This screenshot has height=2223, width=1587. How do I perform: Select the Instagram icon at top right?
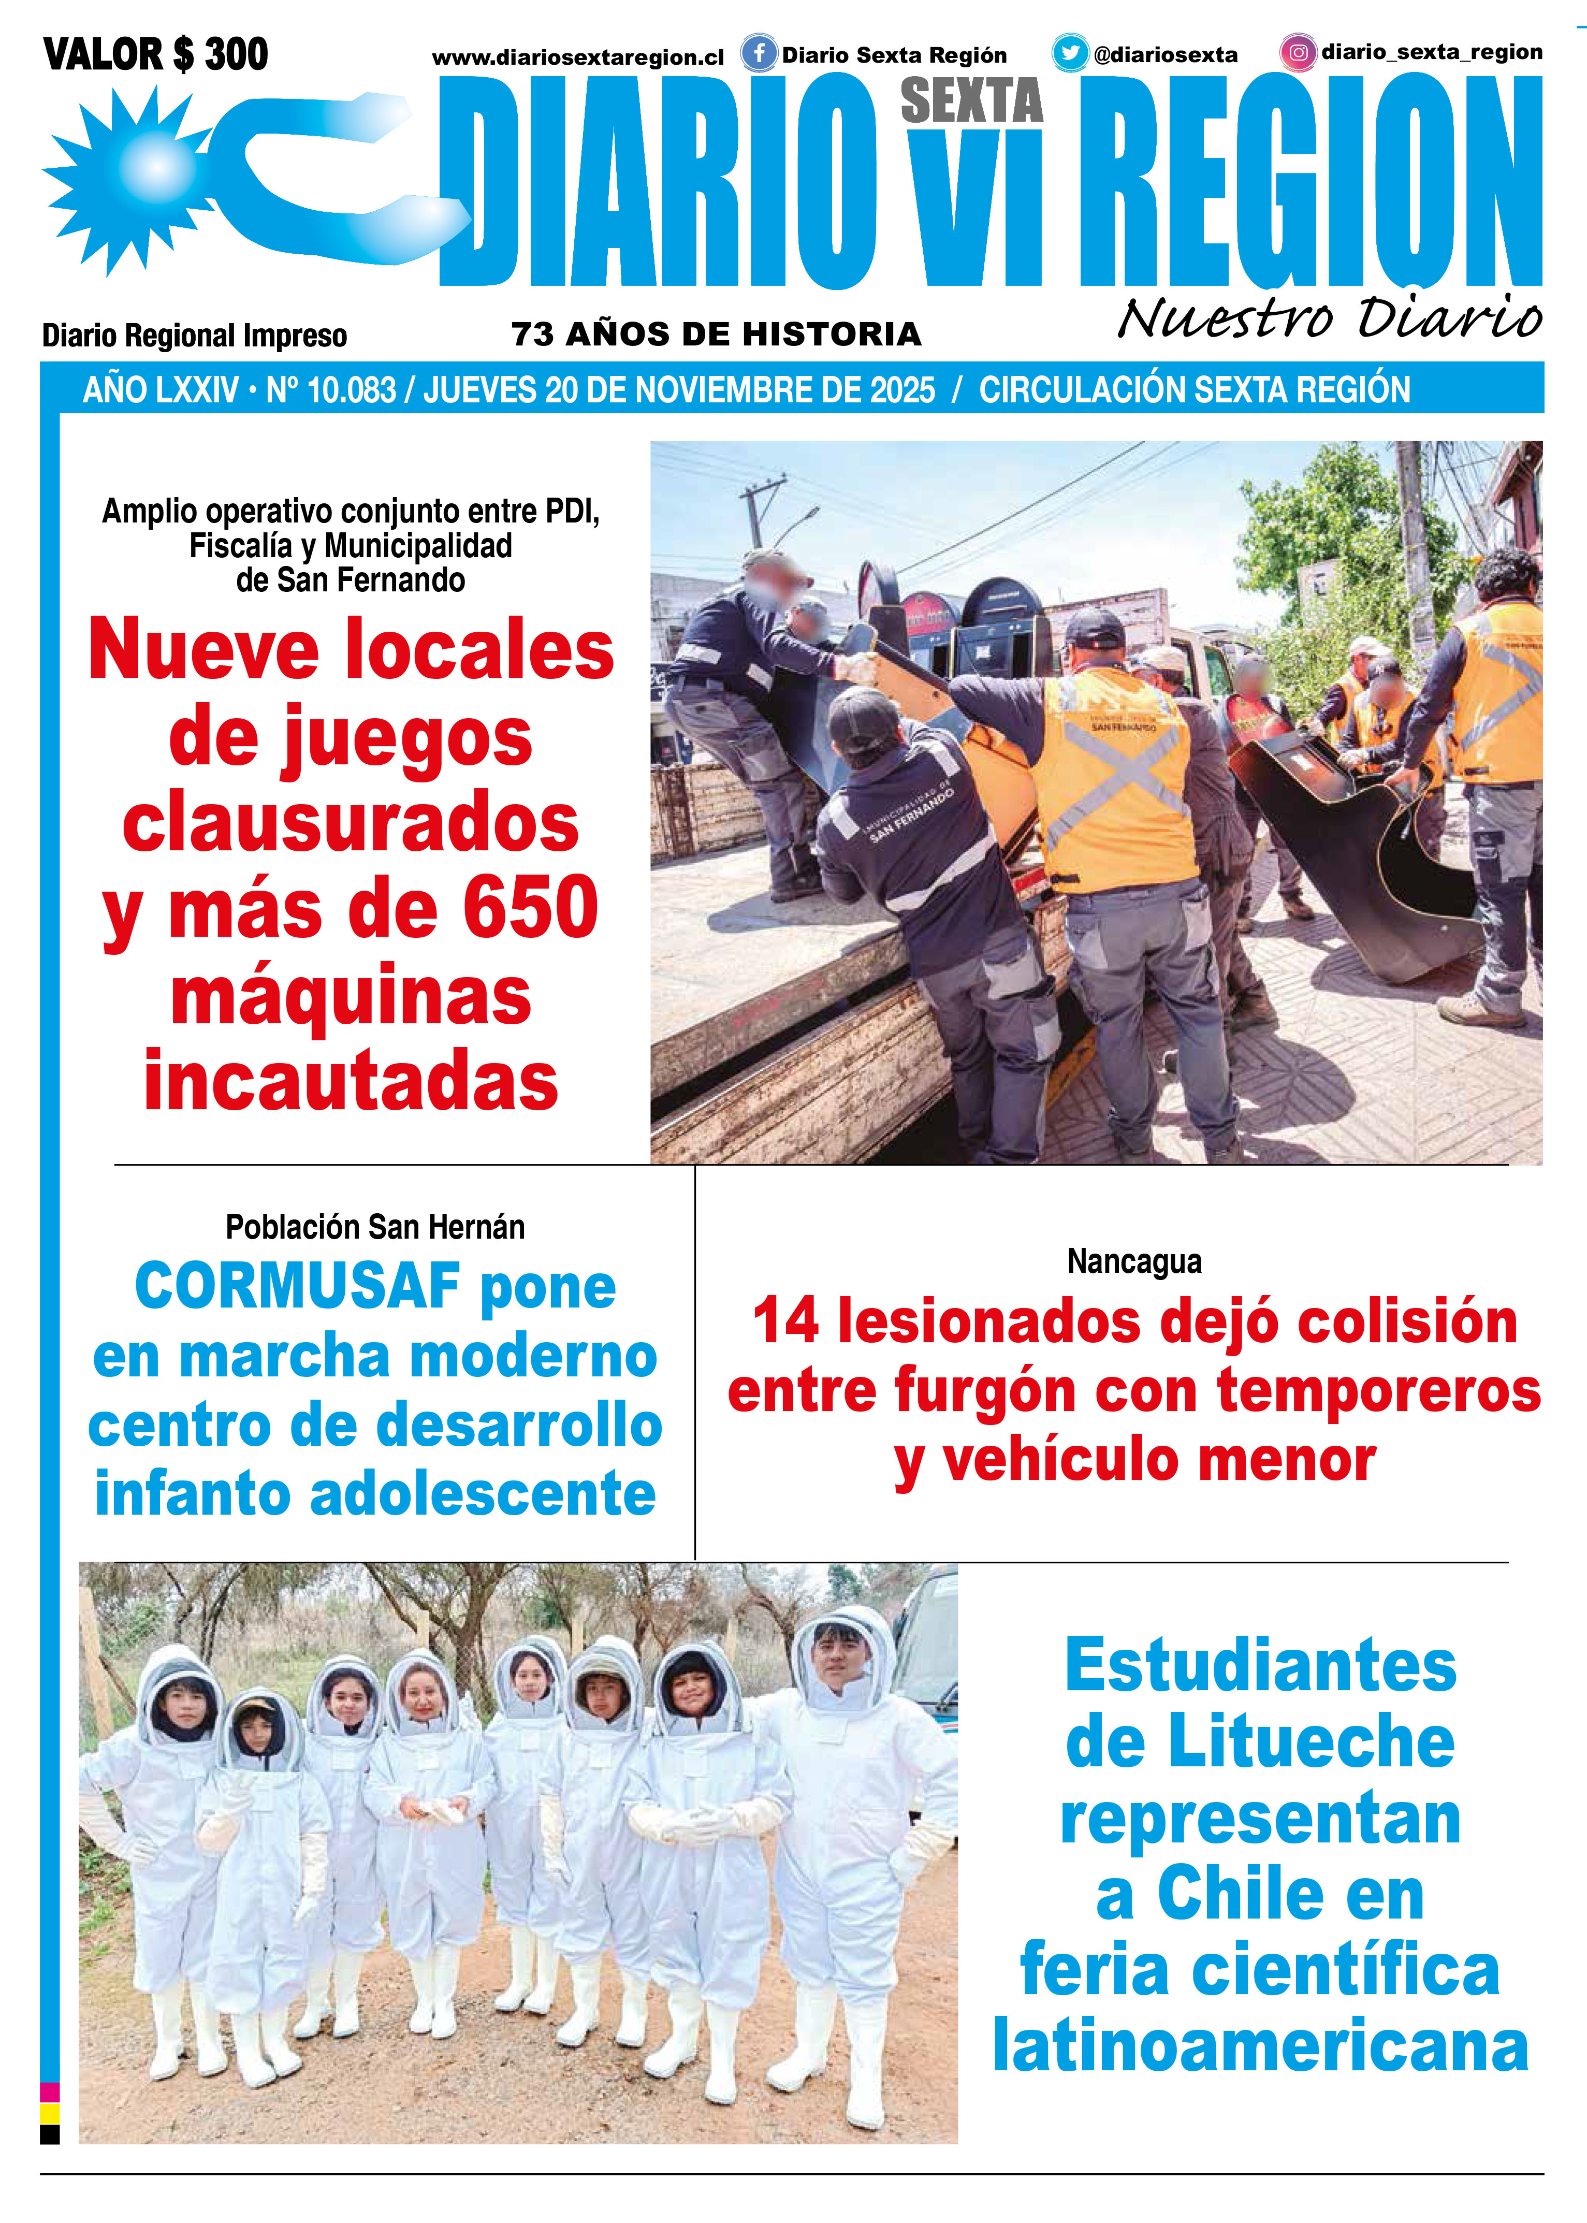(1298, 53)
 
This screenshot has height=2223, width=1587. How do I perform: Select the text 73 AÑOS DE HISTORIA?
(716, 334)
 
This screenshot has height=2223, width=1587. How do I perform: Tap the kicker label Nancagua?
(1133, 1261)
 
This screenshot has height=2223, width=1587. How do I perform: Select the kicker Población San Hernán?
(375, 1227)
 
